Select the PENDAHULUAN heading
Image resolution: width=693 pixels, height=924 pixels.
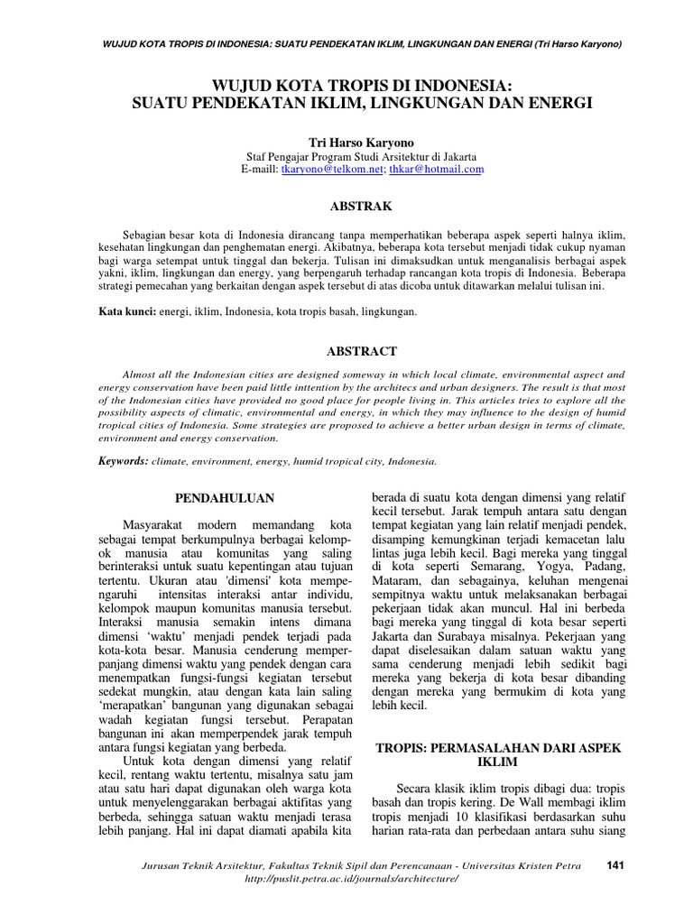pyautogui.click(x=225, y=497)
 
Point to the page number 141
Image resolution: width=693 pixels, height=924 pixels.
pyautogui.click(x=616, y=865)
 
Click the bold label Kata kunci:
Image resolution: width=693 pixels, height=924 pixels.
pyautogui.click(x=126, y=311)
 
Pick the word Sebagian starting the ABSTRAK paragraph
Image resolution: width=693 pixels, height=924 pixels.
pyautogui.click(x=150, y=235)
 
